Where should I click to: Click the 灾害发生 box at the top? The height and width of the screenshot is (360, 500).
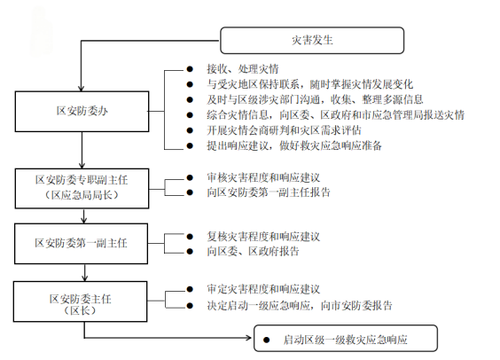(x=312, y=40)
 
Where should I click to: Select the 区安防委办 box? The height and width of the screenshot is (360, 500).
(x=82, y=112)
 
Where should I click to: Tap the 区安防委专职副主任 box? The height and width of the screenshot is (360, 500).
(x=82, y=189)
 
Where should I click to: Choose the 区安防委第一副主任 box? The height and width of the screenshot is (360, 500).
(x=82, y=244)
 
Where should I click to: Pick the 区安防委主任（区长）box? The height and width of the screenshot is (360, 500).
(x=81, y=301)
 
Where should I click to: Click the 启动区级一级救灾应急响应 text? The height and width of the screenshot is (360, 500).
(x=346, y=340)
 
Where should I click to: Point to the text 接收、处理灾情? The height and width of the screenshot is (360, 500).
(x=243, y=69)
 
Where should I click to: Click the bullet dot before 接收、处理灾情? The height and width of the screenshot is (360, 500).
(x=190, y=69)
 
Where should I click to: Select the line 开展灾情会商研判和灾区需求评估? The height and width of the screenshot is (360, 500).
(x=284, y=130)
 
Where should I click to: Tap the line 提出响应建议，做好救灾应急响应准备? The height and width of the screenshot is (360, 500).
(x=294, y=145)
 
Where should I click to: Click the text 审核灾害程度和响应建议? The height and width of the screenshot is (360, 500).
(x=263, y=177)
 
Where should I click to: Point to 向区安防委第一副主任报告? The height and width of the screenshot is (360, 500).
(x=269, y=192)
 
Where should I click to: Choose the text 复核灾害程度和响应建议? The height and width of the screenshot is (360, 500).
(x=263, y=237)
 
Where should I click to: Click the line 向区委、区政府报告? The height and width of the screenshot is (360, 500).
(x=253, y=251)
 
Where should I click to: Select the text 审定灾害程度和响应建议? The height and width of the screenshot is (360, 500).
(x=263, y=289)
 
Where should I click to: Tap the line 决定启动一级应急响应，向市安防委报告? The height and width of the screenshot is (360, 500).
(x=300, y=306)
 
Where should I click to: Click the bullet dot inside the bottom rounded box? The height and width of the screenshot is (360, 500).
(x=266, y=340)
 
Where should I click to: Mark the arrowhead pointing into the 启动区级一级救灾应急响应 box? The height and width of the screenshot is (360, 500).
(x=249, y=338)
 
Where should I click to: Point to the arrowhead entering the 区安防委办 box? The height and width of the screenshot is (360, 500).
(x=82, y=88)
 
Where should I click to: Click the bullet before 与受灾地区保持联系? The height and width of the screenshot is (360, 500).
(x=190, y=84)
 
